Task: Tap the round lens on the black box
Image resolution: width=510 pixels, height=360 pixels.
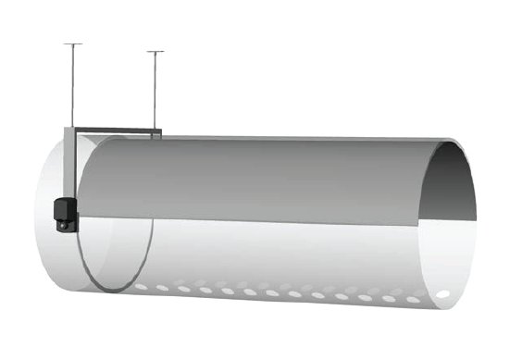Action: coord(62,223)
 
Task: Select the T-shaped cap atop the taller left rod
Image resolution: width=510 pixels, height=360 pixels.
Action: coord(72,44)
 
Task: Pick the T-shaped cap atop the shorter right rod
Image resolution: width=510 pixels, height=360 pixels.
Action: coord(155,52)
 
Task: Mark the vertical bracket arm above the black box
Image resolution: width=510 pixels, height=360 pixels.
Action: coord(68,162)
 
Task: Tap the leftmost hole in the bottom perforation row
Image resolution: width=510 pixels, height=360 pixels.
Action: coord(141,287)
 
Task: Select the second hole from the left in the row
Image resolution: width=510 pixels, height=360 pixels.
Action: coord(162,289)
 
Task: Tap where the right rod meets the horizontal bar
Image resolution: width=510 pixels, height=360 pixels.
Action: coord(155,129)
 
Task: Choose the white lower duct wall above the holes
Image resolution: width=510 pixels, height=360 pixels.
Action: coord(278,254)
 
